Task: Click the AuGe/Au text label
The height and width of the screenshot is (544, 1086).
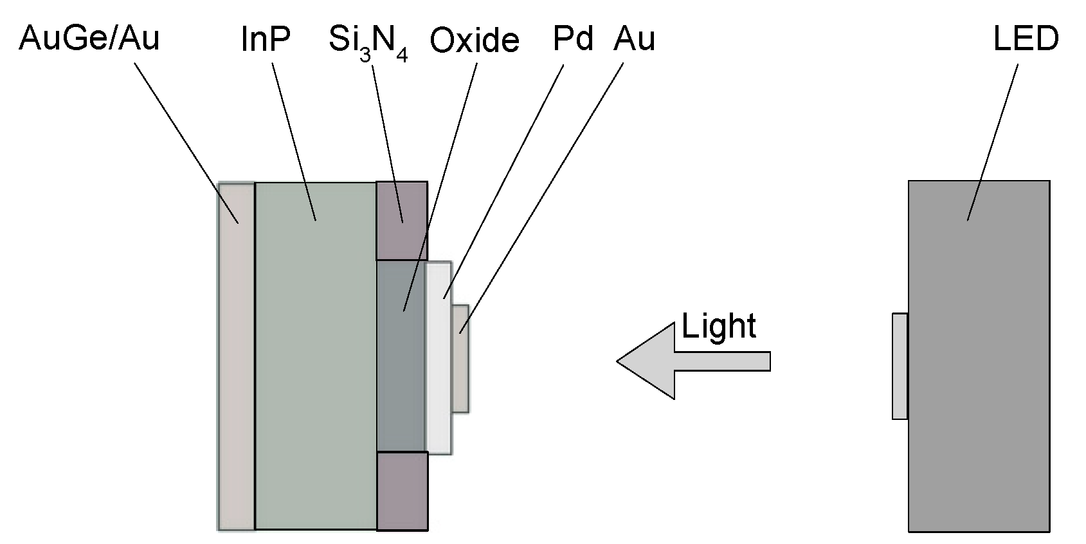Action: pyautogui.click(x=89, y=39)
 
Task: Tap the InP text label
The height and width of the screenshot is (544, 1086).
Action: pyautogui.click(x=266, y=39)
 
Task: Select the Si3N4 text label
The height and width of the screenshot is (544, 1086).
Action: pyautogui.click(x=368, y=42)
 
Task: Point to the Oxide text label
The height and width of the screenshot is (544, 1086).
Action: pyautogui.click(x=474, y=41)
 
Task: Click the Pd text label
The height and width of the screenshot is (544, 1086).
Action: pyautogui.click(x=573, y=39)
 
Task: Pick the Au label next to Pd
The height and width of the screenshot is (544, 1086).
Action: pyautogui.click(x=634, y=39)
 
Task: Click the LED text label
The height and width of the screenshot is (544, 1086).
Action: pyautogui.click(x=1026, y=39)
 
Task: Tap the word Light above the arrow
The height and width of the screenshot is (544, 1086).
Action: pyautogui.click(x=718, y=325)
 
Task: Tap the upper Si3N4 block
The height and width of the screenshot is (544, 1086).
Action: pyautogui.click(x=402, y=221)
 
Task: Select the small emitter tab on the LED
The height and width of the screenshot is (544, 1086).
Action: pyautogui.click(x=900, y=367)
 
